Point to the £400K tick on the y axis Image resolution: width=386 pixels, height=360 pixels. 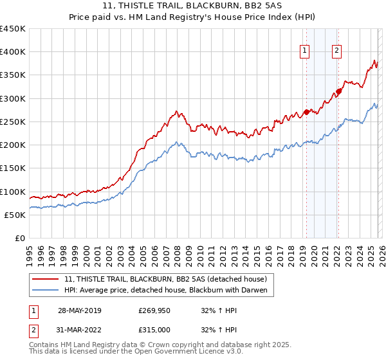pos(13,52)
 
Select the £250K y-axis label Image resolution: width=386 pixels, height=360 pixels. pos(13,122)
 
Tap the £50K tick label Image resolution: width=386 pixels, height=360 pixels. pos(15,215)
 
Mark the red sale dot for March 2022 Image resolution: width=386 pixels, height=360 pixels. pos(339,91)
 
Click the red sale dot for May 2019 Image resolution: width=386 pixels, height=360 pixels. pos(306,112)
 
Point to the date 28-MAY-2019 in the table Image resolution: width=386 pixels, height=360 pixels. pos(80,310)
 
